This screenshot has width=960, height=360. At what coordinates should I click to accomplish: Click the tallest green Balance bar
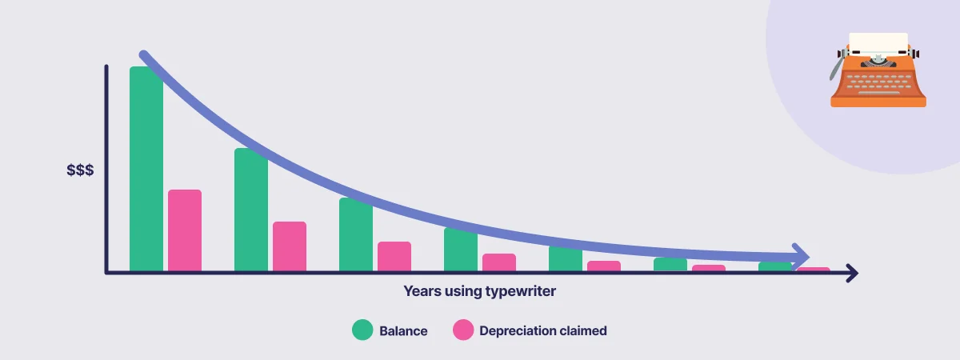[146, 169]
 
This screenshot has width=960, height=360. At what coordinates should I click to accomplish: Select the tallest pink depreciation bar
[185, 230]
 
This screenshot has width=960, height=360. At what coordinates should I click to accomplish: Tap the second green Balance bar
[251, 210]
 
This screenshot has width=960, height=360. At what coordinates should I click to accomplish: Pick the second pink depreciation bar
[290, 246]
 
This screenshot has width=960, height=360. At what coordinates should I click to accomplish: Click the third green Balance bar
[356, 234]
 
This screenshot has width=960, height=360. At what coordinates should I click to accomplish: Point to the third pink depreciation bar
[394, 256]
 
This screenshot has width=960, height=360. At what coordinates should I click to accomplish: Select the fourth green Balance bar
[461, 250]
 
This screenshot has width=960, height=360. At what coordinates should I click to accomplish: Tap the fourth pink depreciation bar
[499, 262]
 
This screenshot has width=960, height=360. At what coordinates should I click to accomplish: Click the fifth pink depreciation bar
[604, 266]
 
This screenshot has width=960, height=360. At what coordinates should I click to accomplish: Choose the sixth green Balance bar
[670, 265]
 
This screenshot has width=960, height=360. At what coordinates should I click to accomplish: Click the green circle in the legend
[362, 330]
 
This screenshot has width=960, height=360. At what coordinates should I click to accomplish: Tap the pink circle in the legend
[463, 330]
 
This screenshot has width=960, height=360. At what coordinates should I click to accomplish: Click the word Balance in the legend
[403, 331]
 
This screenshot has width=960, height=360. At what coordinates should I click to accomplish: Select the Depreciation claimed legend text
[543, 331]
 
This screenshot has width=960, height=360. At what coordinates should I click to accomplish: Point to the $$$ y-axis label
[80, 170]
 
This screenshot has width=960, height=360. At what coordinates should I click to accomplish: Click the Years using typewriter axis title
[479, 291]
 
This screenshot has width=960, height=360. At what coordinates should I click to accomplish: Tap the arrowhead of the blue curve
[801, 257]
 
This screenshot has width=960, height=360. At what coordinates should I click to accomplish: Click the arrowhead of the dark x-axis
[853, 273]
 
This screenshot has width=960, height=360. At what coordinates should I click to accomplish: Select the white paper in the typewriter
[878, 43]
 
